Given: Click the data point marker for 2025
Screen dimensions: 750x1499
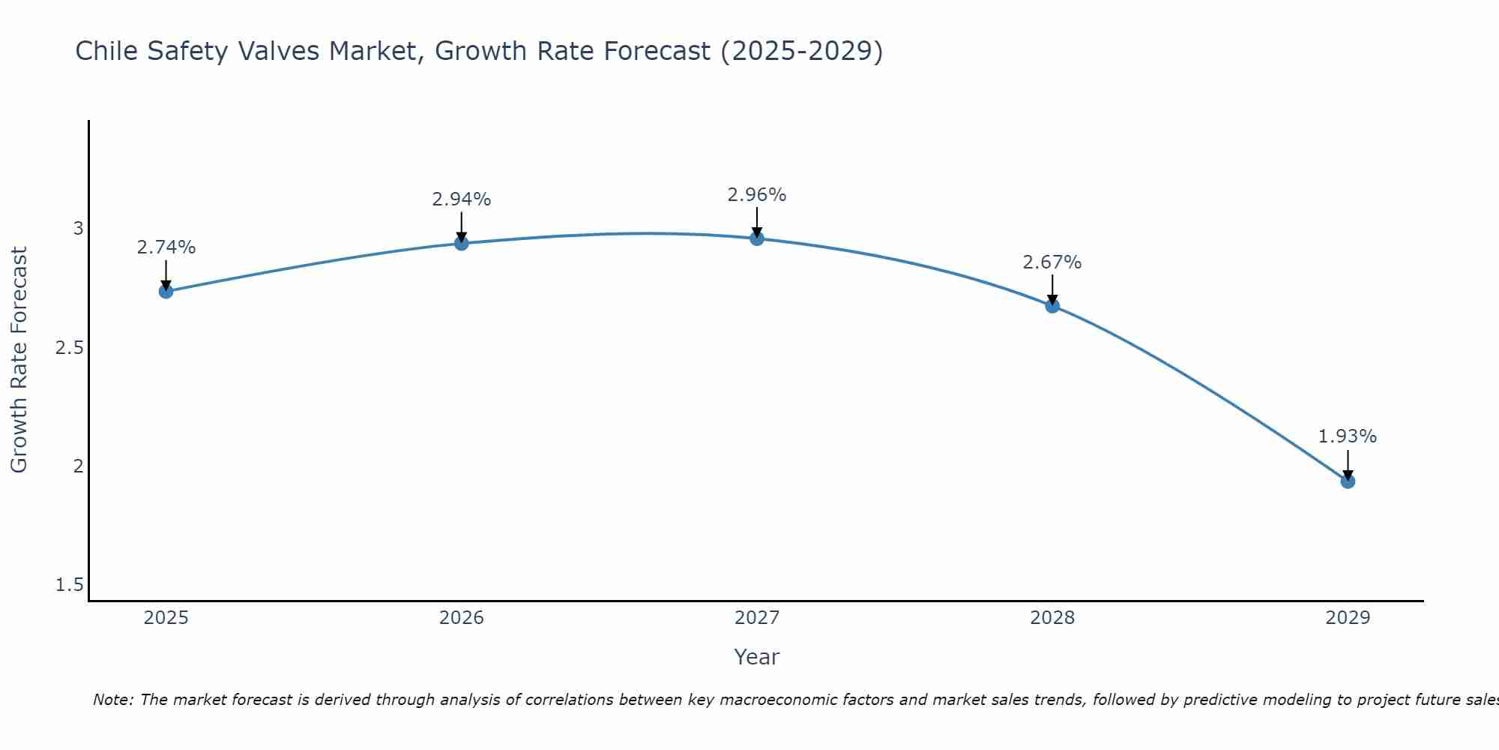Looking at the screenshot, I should coord(166,291).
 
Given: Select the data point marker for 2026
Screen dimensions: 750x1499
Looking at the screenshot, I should coord(462,243).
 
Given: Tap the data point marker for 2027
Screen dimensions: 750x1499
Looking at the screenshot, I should coord(757,238).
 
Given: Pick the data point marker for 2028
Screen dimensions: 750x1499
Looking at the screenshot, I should coord(1052,305).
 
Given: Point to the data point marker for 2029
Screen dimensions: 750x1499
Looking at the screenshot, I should coord(1348,481).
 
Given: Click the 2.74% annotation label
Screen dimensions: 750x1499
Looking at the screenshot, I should coord(166,247).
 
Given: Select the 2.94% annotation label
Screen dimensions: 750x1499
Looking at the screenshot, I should coord(462,199).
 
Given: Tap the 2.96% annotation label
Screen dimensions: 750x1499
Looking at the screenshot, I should coord(757,195).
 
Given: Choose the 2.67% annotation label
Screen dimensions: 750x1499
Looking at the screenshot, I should coord(1052,262).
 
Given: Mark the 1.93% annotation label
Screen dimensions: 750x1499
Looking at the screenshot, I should coord(1348,436).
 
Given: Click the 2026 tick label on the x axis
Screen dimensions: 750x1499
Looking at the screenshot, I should coord(462,618).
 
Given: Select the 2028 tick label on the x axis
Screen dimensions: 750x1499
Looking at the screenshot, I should coord(1052,618).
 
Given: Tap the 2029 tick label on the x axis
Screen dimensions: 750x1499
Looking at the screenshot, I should coord(1348,618).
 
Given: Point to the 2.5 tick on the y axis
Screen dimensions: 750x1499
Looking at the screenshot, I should coord(69,348).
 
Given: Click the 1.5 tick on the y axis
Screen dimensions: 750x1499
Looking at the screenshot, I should coord(69,585).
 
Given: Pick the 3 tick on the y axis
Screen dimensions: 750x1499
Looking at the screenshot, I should coord(78,229).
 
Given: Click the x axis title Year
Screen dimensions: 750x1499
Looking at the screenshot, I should coord(757,657).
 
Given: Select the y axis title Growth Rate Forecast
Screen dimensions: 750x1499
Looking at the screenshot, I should coord(19,360).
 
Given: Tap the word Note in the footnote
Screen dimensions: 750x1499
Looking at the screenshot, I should coord(112,700).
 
